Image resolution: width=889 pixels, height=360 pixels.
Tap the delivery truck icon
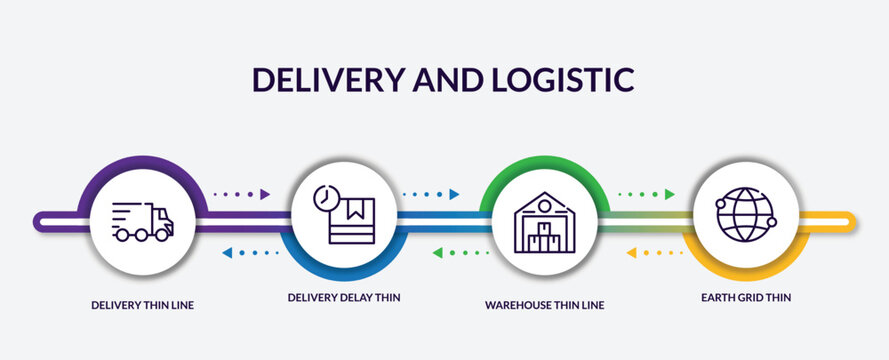143,221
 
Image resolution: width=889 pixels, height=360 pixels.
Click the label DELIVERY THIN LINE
142,305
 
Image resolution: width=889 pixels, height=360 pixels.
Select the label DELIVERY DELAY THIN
344,297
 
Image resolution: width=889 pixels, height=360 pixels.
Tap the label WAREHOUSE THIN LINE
544,304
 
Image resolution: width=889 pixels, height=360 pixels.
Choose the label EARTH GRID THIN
746,297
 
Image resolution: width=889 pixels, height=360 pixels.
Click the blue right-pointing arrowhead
454,194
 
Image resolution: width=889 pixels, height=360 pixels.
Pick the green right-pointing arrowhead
669,194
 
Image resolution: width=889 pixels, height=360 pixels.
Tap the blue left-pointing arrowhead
227,252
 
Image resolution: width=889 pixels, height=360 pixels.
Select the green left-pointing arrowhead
438,252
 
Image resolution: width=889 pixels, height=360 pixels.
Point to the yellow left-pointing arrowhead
632,252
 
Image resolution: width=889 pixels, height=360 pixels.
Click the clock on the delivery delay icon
325,196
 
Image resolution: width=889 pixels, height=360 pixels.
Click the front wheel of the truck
161,235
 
